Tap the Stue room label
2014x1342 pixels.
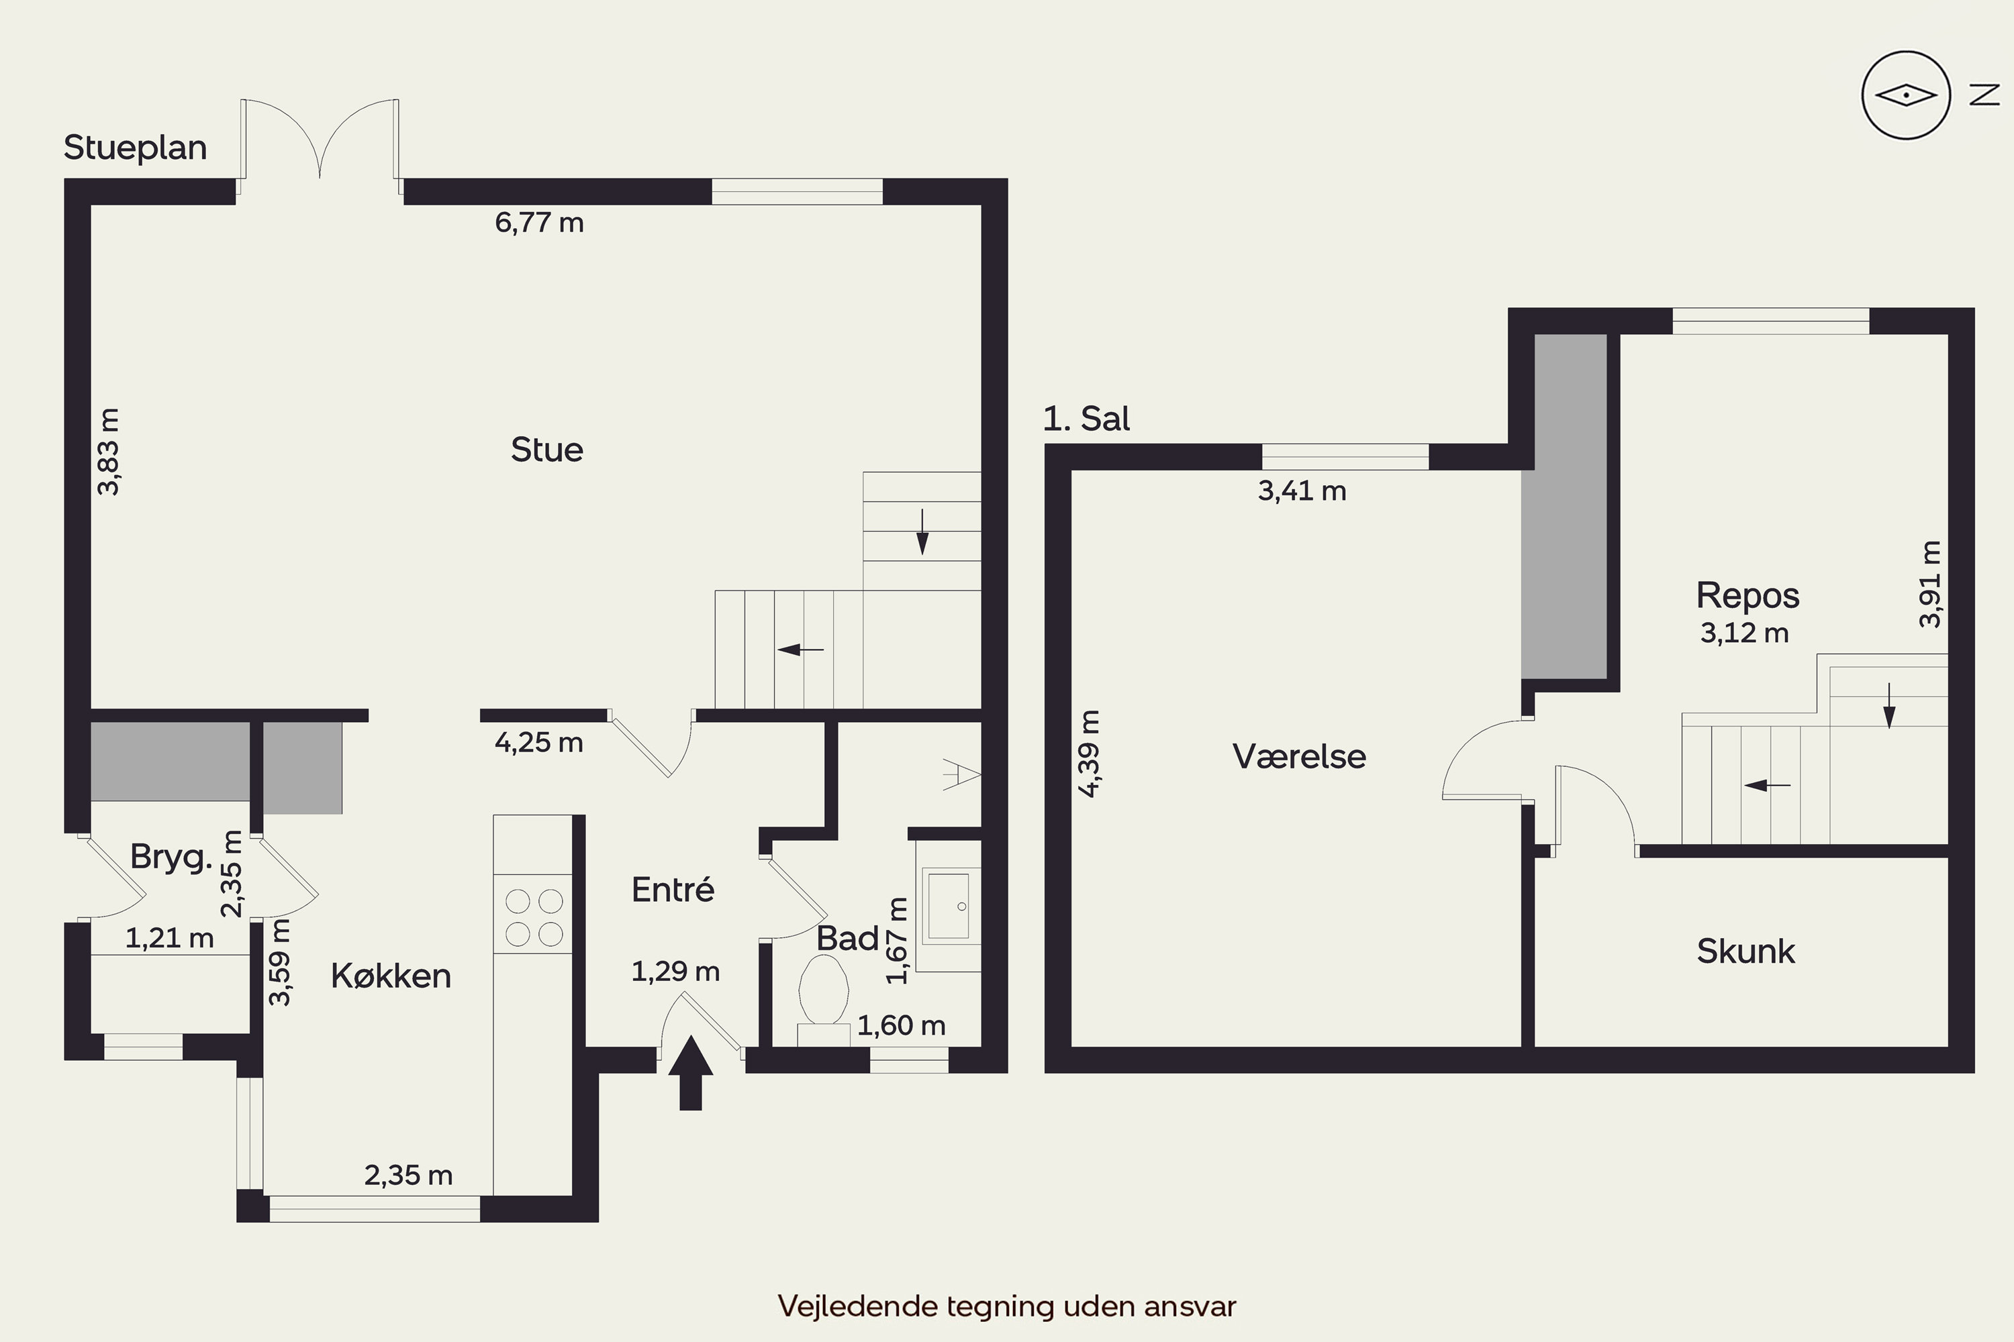point(547,450)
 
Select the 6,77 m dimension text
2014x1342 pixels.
point(540,223)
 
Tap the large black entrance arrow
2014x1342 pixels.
point(690,1073)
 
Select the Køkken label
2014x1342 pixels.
point(391,976)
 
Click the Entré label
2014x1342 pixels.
point(673,890)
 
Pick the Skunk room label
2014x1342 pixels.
point(1746,951)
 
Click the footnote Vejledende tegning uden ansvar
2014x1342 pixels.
point(1007,1306)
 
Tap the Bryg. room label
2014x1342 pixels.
point(171,858)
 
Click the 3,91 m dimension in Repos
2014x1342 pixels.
point(1930,584)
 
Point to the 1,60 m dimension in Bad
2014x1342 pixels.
point(902,1025)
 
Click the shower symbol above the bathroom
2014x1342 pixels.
point(961,774)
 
